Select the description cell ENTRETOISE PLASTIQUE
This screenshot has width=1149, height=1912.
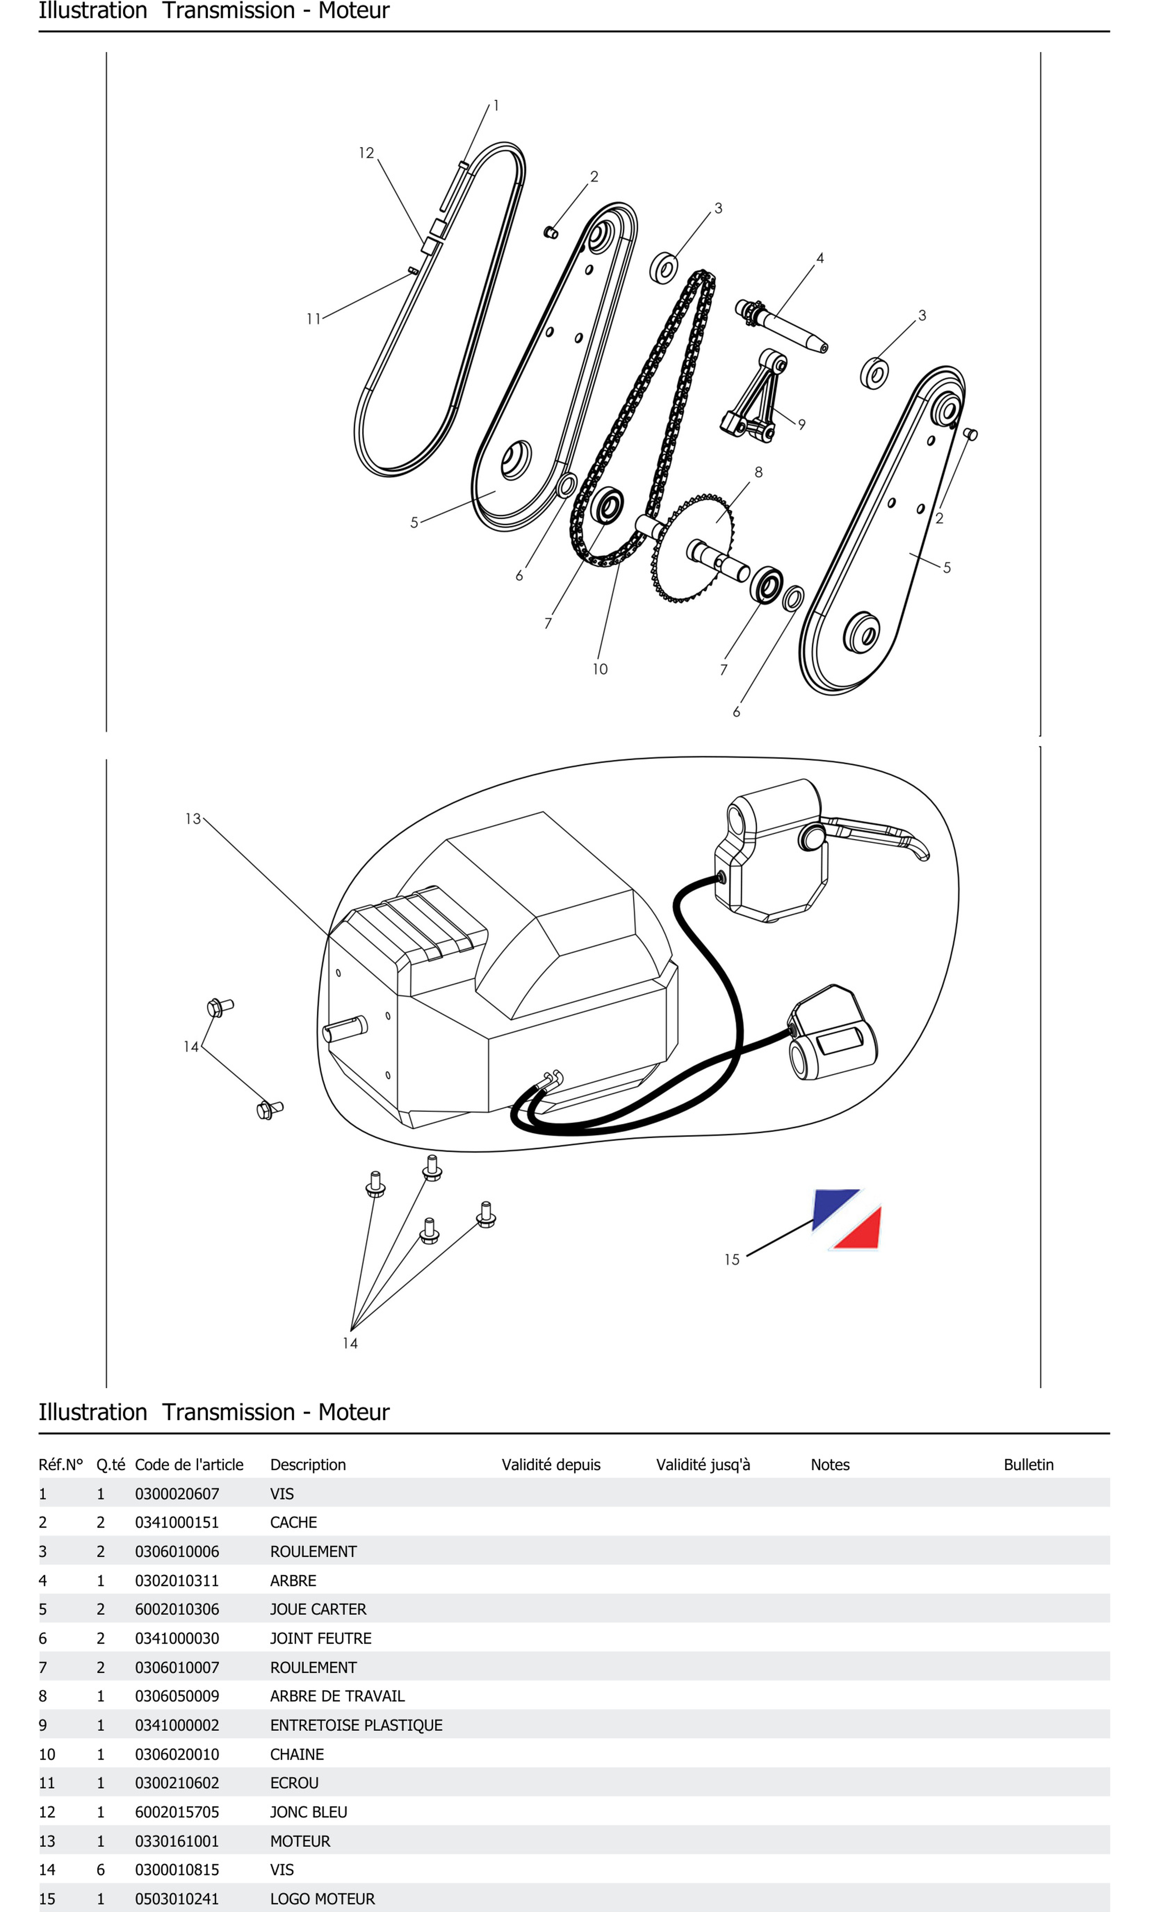coord(356,1725)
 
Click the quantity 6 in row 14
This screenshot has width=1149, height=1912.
coord(101,1869)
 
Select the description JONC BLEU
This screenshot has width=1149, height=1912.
coord(308,1811)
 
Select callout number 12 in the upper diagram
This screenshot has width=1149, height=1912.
coord(366,153)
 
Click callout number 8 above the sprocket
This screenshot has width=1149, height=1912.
coord(758,472)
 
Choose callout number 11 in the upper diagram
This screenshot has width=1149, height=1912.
coord(313,319)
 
